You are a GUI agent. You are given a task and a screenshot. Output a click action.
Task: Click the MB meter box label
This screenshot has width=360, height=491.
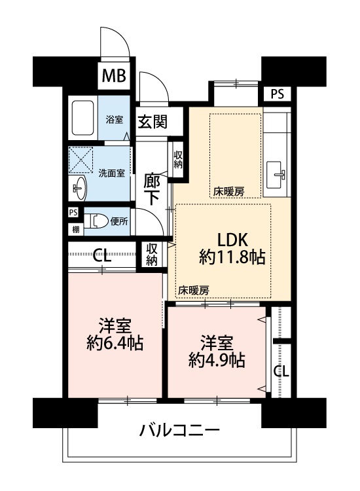(114, 75)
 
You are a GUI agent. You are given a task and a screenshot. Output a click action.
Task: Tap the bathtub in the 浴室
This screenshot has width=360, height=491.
(82, 117)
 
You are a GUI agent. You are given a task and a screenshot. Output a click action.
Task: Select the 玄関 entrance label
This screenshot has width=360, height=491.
(153, 122)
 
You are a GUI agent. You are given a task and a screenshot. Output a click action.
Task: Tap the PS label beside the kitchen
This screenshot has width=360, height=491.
(277, 94)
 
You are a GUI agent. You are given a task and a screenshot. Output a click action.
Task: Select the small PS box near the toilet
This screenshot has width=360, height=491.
(73, 213)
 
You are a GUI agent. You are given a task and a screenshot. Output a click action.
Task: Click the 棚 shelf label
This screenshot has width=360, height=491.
(76, 230)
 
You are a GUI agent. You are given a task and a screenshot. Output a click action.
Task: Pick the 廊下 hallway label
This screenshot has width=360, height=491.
(152, 190)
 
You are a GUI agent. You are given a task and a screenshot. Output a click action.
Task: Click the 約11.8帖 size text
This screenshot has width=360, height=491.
(232, 257)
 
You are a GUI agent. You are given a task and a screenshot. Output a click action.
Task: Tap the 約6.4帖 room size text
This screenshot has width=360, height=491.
(115, 342)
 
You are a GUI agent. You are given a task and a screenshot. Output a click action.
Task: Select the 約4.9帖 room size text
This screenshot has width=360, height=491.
(217, 360)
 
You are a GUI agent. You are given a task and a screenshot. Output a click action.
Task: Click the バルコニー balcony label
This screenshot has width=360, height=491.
(180, 431)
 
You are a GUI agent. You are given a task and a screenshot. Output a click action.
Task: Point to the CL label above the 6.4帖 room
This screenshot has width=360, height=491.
(101, 255)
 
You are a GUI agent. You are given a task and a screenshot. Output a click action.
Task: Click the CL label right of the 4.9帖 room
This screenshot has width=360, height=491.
(281, 371)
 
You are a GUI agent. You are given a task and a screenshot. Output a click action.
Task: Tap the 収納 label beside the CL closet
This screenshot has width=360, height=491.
(151, 255)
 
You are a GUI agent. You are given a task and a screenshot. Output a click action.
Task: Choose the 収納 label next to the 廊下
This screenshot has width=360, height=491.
(178, 160)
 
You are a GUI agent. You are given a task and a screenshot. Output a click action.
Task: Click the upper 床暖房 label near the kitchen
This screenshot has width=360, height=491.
(229, 191)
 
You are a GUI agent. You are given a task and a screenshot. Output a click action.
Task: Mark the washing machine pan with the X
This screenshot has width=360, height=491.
(81, 160)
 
